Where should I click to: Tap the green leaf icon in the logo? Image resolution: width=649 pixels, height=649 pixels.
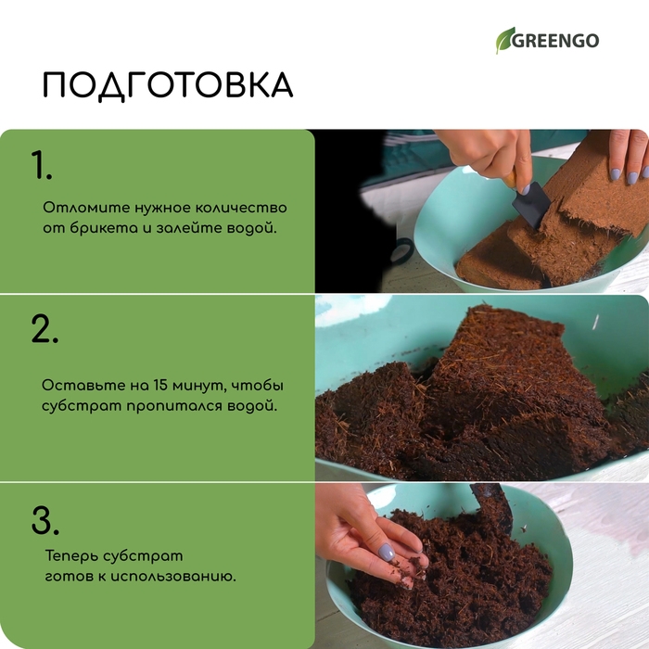tap(505, 40)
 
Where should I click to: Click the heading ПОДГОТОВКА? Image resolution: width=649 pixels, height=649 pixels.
tap(168, 85)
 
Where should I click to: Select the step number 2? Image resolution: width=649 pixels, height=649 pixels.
tap(45, 330)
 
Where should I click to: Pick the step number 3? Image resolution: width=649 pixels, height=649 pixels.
tap(45, 521)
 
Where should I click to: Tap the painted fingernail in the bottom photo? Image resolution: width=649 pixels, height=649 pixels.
tap(387, 552)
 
